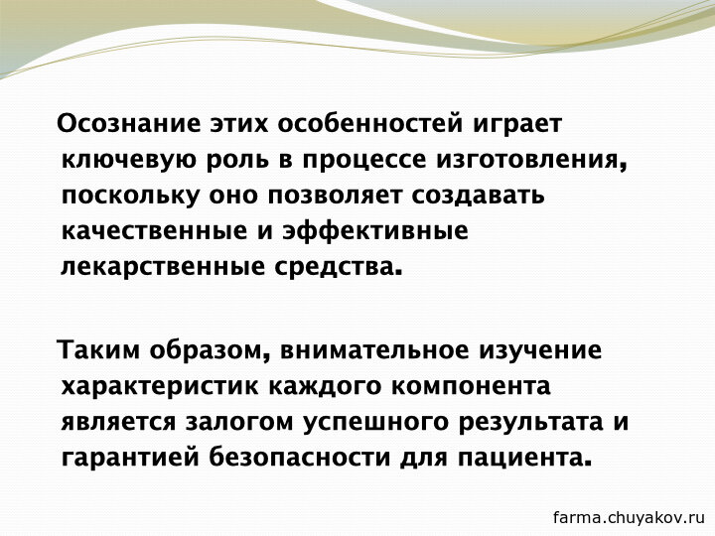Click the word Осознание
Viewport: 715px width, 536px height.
tap(129, 123)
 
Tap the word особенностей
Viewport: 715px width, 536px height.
tap(369, 123)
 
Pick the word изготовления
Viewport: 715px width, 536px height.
tap(529, 161)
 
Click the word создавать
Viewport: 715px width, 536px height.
tap(479, 196)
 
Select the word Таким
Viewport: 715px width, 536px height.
tap(98, 350)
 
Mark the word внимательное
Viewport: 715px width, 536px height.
tap(374, 350)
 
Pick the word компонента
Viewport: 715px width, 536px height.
tap(471, 386)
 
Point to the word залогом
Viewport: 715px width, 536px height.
tap(239, 422)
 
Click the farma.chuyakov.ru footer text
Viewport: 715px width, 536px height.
tap(629, 517)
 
